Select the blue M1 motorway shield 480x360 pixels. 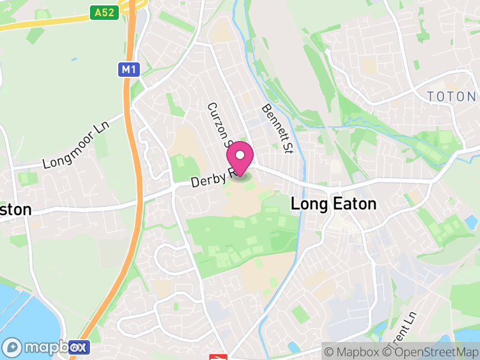(128, 70)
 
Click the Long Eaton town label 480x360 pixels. (333, 204)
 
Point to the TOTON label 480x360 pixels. (452, 96)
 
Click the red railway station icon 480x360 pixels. (217, 357)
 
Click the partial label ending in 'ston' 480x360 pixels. (16, 209)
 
